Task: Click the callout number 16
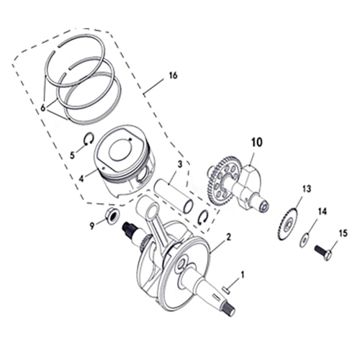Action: (172, 76)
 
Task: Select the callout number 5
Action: (72, 154)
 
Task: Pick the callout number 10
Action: (253, 143)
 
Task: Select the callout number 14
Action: (322, 211)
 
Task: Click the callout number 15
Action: (343, 233)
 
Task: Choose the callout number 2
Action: (228, 237)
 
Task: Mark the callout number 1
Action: (243, 274)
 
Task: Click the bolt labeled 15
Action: (321, 252)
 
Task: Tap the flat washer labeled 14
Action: (305, 238)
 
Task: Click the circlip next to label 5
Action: (87, 140)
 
